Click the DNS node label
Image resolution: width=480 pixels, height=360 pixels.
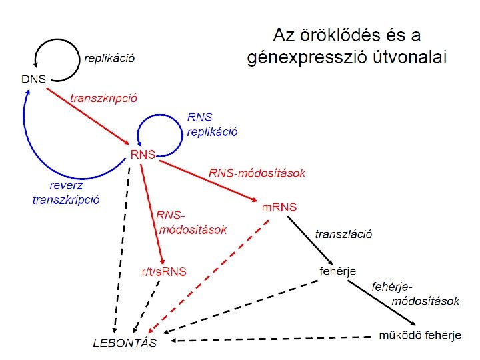coord(33,79)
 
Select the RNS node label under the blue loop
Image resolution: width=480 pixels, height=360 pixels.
coord(143,155)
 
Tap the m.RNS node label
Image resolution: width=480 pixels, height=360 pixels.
coord(279,207)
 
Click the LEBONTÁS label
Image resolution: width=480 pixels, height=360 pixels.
coord(125,344)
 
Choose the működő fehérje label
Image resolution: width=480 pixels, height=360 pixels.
coord(420,335)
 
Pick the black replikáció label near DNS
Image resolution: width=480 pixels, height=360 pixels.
coord(109,58)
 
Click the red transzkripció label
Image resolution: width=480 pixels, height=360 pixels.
coord(104,97)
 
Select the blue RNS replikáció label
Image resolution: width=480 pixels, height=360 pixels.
coord(212,124)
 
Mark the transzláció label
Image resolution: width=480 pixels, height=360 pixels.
coord(343,233)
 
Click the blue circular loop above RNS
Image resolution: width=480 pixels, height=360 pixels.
coord(160,127)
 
